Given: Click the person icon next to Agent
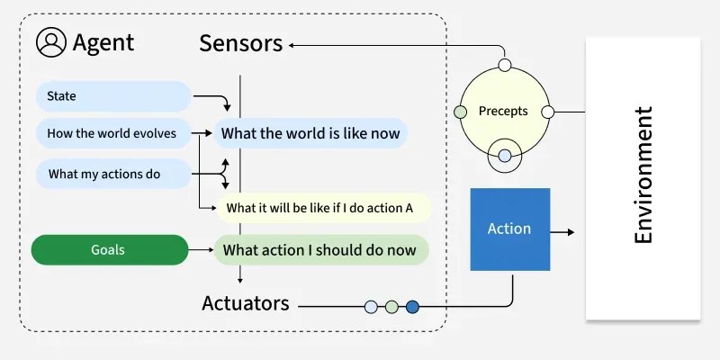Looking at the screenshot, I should click(x=51, y=42).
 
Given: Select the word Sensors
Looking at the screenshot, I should click(x=240, y=42).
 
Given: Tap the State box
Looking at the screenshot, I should click(x=112, y=96).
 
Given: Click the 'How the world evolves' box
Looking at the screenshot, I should click(x=112, y=134).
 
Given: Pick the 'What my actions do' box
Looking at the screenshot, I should click(x=112, y=174).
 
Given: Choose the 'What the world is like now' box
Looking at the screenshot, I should click(x=310, y=134).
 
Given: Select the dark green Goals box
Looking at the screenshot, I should click(x=108, y=249).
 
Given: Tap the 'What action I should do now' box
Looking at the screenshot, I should click(x=319, y=249).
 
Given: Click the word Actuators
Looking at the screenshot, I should click(x=246, y=303).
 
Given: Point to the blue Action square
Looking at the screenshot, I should click(x=509, y=229).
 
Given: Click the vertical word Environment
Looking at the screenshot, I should click(x=643, y=175).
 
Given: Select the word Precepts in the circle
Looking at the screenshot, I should click(x=503, y=112).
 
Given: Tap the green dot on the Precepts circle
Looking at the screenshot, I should click(x=461, y=112).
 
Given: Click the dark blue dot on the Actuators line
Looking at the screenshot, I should click(x=412, y=307).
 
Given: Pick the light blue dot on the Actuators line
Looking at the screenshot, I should click(x=371, y=307).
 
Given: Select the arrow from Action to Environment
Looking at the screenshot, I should click(x=562, y=232).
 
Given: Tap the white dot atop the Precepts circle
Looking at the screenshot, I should click(x=505, y=66).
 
